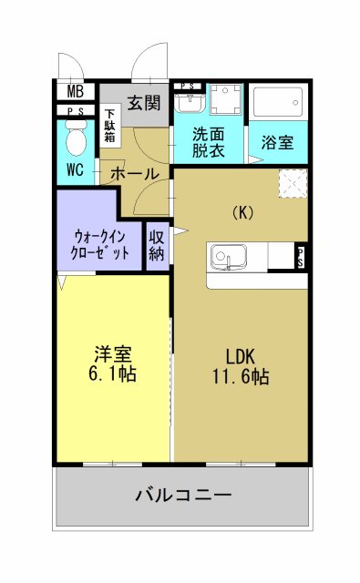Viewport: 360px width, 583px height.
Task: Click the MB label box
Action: pyautogui.click(x=75, y=91)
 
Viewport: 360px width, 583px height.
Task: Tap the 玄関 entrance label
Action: pyautogui.click(x=144, y=102)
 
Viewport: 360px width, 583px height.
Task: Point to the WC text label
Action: pyautogui.click(x=76, y=171)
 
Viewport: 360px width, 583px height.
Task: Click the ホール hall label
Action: pyautogui.click(x=135, y=173)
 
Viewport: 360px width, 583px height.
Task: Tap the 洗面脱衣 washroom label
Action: pyautogui.click(x=209, y=144)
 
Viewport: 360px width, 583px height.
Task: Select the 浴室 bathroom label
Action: pyautogui.click(x=278, y=143)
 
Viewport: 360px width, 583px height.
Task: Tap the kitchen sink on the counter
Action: pyautogui.click(x=227, y=257)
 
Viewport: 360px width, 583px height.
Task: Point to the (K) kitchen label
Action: pyautogui.click(x=242, y=212)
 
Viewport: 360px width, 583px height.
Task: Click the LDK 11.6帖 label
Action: pyautogui.click(x=241, y=364)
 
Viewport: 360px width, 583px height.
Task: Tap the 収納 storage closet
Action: pyautogui.click(x=157, y=244)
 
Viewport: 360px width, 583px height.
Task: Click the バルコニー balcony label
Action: pyautogui.click(x=183, y=496)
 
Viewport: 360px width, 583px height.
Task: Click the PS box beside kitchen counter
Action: pyautogui.click(x=300, y=257)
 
